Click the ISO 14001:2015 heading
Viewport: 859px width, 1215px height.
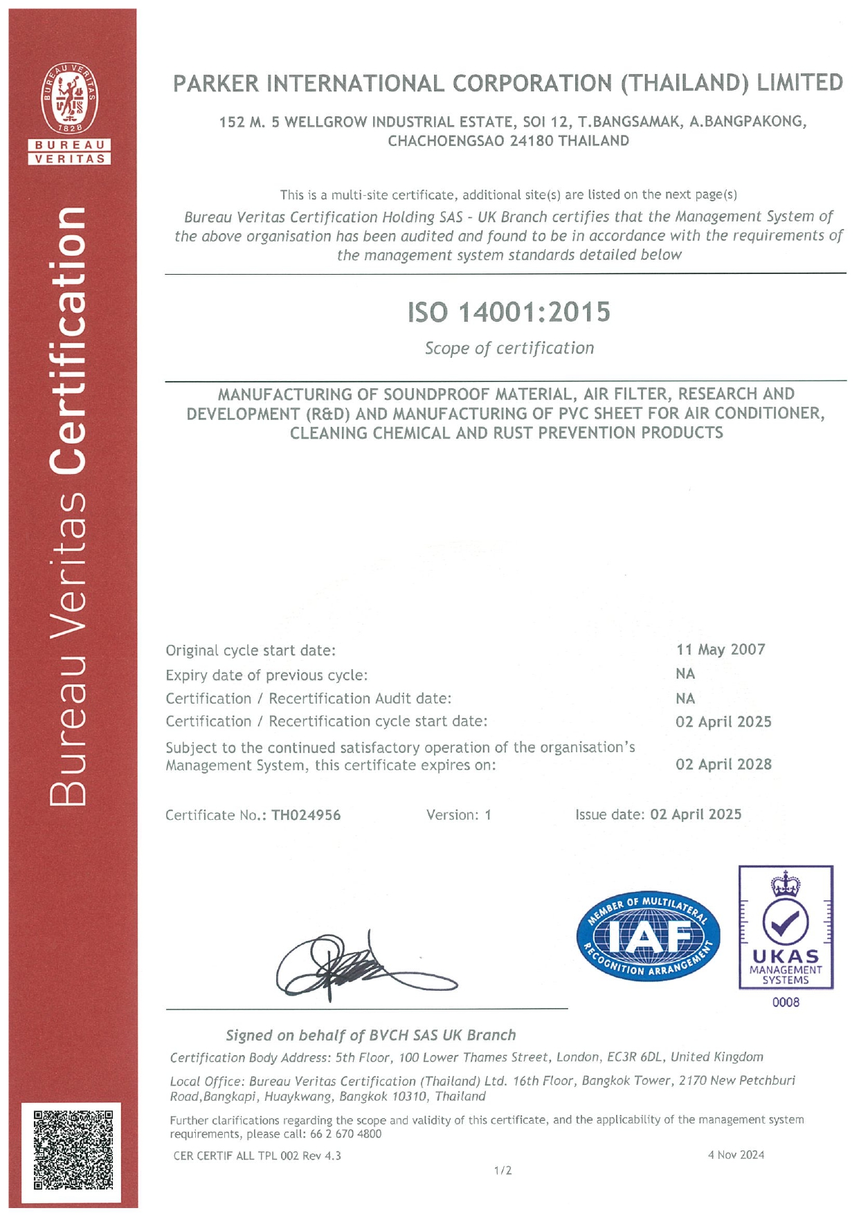tap(509, 312)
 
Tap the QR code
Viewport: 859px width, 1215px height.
tap(73, 1149)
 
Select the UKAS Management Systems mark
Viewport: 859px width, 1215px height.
tap(786, 927)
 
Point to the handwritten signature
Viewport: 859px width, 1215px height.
tap(360, 966)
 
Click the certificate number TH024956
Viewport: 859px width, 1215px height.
tap(306, 815)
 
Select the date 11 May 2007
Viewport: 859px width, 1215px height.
tap(721, 650)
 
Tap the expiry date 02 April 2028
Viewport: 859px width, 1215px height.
tap(723, 765)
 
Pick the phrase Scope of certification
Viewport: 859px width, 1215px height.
tap(509, 348)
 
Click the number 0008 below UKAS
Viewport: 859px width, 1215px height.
tap(786, 1002)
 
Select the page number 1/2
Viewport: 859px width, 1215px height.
tap(503, 1171)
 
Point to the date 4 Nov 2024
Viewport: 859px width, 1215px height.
tap(736, 1155)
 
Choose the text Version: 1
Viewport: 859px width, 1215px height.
tap(458, 815)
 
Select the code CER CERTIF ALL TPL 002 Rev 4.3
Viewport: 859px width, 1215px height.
tap(257, 1155)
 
